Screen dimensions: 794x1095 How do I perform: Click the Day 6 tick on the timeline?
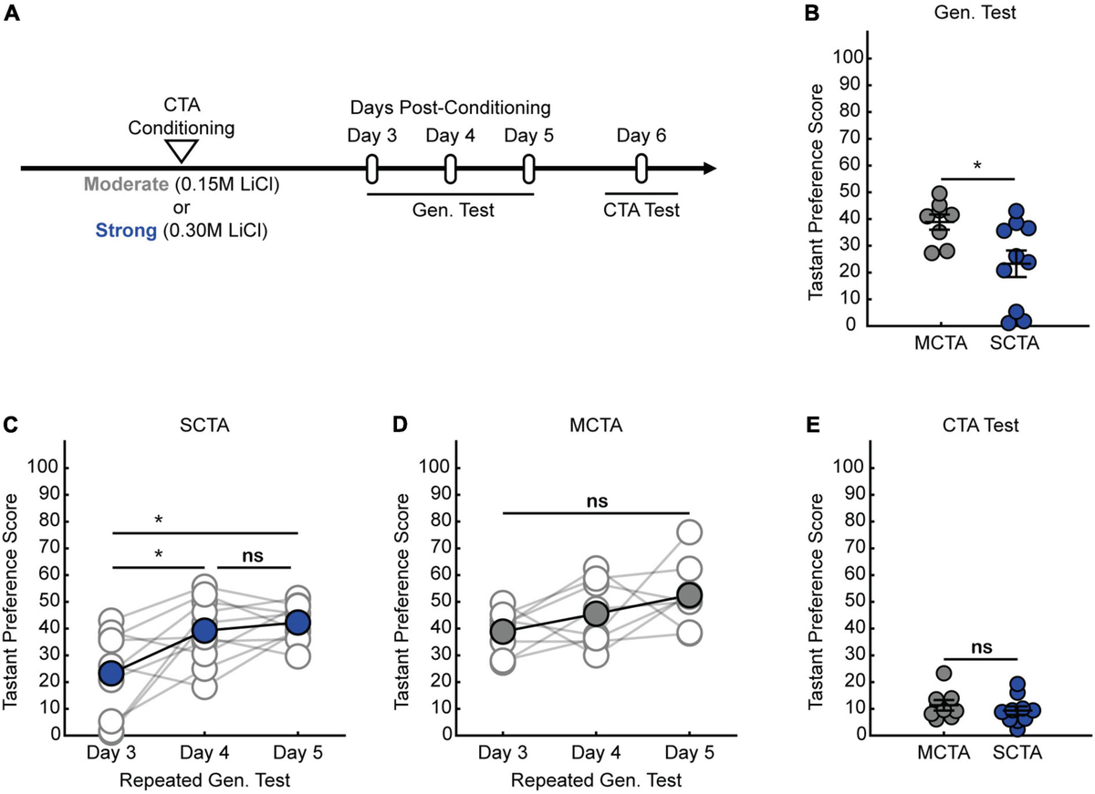pos(641,169)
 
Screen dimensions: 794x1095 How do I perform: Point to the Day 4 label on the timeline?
pos(449,137)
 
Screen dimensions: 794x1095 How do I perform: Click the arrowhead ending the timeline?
pos(708,169)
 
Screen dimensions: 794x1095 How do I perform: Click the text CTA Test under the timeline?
pos(641,211)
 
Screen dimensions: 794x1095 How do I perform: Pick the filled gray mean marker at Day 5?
pos(689,595)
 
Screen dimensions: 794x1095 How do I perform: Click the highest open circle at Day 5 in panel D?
pos(689,531)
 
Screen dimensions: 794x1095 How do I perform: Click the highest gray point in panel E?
pos(944,673)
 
